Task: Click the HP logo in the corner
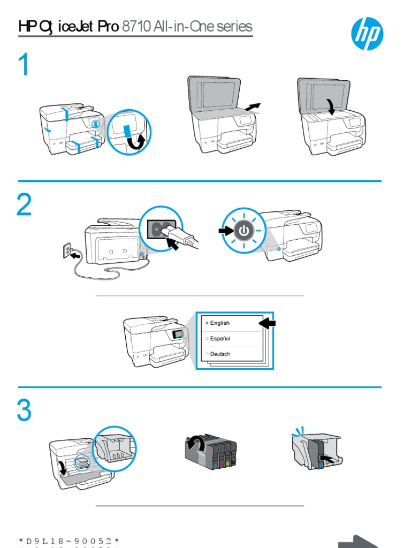(367, 33)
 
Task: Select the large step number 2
(24, 205)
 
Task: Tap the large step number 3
(24, 411)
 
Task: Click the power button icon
(244, 231)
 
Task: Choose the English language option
(220, 323)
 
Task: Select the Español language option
(220, 339)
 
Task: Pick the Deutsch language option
(220, 354)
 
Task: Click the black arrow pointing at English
(267, 323)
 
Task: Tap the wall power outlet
(68, 251)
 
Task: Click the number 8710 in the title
(136, 27)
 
